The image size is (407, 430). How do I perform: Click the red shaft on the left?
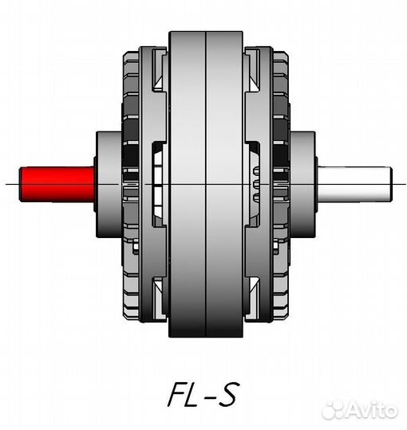[x=57, y=184]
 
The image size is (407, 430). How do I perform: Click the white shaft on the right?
[x=354, y=184]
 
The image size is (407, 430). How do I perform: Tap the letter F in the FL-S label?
[x=178, y=394]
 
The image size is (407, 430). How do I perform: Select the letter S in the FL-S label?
[x=227, y=394]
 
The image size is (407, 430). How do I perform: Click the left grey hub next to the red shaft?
[x=109, y=184]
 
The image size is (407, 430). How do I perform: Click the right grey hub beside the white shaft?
[x=302, y=184]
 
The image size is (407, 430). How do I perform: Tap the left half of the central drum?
[x=188, y=184]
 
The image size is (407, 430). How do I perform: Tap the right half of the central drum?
[x=224, y=184]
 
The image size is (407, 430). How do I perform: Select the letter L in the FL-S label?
[x=192, y=394]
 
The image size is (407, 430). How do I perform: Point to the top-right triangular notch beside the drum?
[x=254, y=83]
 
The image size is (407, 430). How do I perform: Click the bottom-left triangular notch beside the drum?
[x=159, y=286]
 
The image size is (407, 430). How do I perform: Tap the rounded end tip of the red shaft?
[x=20, y=184]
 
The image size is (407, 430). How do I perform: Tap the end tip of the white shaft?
[x=391, y=184]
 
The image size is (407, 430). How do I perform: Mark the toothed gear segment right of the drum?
[x=256, y=184]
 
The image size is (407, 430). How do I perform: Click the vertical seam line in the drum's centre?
[x=206, y=184]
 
